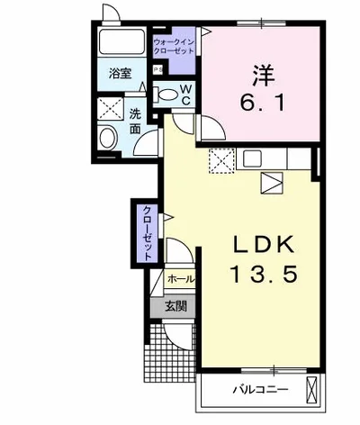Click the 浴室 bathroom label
pos(120,74)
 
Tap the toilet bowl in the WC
pos(167,95)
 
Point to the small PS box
pos(157,69)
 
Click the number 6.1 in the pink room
pos(262,103)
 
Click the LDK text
pos(263,246)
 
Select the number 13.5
pos(264,274)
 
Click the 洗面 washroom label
pos(135,121)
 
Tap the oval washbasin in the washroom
pos(107,138)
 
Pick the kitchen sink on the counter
pos(252,158)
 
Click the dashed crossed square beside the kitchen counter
pos(221,161)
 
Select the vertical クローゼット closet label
pos(147,233)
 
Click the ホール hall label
pos(181,279)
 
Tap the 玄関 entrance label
pos(176,306)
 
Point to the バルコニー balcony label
pos(261,390)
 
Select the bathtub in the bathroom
pos(121,41)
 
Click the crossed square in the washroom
pos(111,109)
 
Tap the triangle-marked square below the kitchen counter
pos(272,183)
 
